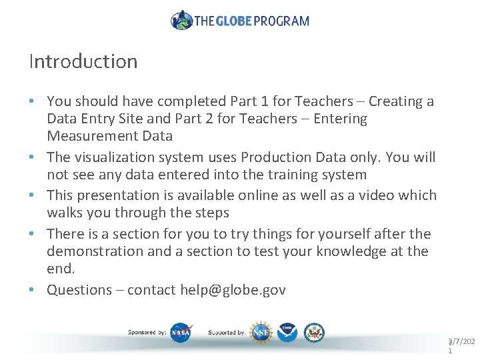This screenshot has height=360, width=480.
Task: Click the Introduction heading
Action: coord(83,61)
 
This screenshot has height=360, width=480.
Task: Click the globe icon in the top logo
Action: coord(181,20)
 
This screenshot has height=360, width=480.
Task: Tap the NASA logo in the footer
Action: coord(180,332)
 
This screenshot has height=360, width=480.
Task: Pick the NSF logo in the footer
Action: coord(259,332)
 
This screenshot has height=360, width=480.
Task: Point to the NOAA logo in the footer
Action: coord(287,332)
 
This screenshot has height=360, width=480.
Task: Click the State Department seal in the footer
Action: coord(314,332)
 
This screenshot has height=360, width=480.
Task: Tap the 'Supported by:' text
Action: coord(227,332)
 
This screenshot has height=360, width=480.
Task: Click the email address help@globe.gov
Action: coord(233,290)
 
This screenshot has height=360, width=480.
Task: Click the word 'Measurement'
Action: coord(109,136)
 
